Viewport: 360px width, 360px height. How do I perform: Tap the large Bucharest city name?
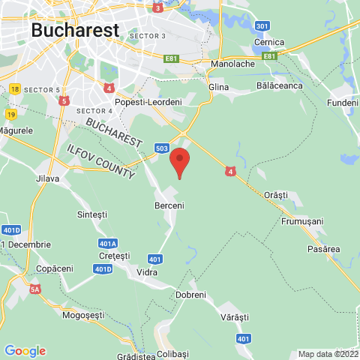tap(75, 30)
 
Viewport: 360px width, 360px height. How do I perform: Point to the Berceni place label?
tap(169, 205)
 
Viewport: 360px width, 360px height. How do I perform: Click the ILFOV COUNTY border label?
tap(101, 158)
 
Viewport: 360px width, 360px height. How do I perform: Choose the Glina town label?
tap(218, 88)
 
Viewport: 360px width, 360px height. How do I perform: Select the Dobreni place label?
tap(190, 295)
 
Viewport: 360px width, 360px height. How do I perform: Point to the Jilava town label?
tap(47, 178)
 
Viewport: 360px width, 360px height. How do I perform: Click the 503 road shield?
tap(161, 148)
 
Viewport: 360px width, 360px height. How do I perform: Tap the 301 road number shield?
tap(262, 26)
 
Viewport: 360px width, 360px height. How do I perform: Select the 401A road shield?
tap(108, 244)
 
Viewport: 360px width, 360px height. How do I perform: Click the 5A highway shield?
tap(35, 287)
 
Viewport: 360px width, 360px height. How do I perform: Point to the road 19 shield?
tap(10, 114)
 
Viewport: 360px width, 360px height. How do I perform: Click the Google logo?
tap(25, 350)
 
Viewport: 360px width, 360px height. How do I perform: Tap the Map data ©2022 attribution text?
tap(328, 354)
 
